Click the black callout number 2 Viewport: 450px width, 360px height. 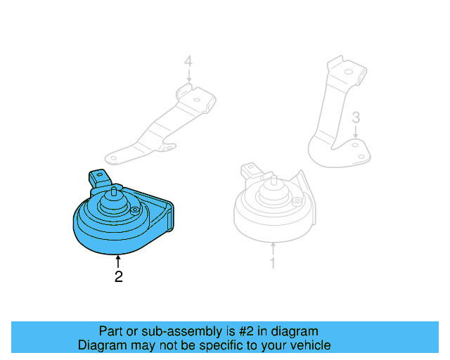[118, 277]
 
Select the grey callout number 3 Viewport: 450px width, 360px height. [356, 117]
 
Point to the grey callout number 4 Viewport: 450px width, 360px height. [188, 63]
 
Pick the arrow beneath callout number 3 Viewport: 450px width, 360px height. [356, 131]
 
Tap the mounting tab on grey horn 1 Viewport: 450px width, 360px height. [250, 169]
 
